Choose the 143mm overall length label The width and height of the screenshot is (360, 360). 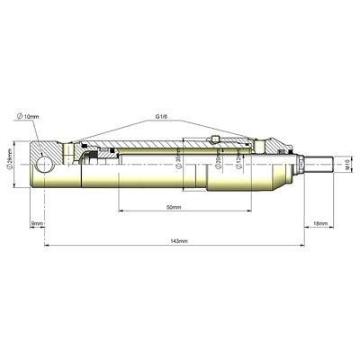pyautogui.click(x=180, y=241)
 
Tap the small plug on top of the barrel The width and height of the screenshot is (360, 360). pyautogui.click(x=220, y=138)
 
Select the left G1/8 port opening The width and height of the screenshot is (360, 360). pyautogui.click(x=69, y=147)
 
